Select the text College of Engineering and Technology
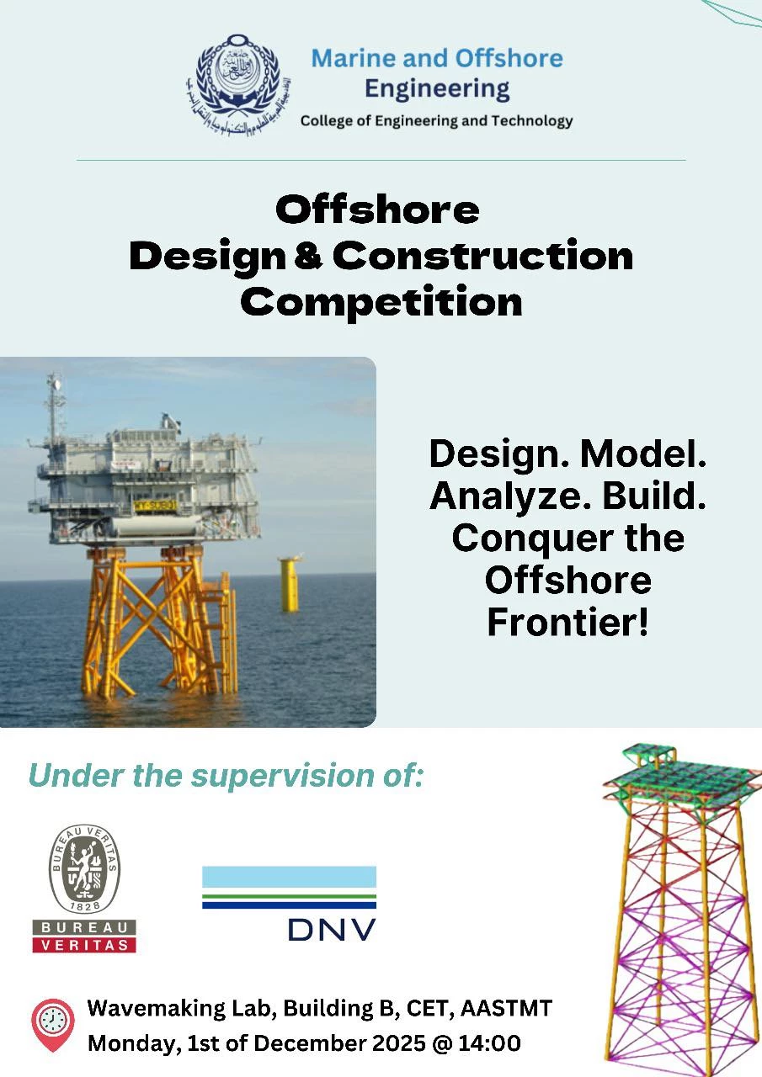coord(436,121)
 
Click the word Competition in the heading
coord(381,301)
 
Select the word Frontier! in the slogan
coord(568,623)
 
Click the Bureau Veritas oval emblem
coord(83,868)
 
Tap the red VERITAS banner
coord(84,945)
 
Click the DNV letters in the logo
coord(332,928)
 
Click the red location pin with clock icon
coord(52,1024)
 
